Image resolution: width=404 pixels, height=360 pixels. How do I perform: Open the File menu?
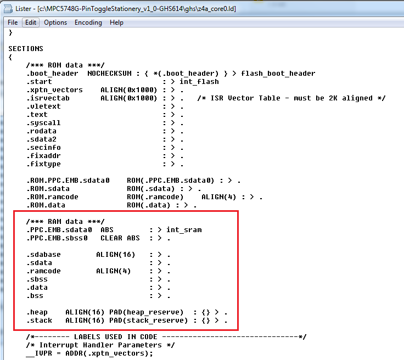click(13, 22)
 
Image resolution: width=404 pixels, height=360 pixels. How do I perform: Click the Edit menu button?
click(31, 22)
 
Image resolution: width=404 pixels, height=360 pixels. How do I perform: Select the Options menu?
click(55, 22)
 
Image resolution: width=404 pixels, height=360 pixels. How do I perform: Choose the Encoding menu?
click(88, 22)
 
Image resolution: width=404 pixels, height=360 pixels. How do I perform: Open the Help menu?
click(116, 22)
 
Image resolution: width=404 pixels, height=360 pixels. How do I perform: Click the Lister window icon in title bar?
click(8, 8)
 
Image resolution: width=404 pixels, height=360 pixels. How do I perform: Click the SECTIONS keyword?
click(26, 49)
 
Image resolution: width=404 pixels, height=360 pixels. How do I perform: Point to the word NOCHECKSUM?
click(109, 74)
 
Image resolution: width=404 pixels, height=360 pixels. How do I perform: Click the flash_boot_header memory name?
click(278, 74)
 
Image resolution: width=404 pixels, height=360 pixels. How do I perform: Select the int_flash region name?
click(199, 82)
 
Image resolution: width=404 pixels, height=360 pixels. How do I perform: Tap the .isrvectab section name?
click(48, 98)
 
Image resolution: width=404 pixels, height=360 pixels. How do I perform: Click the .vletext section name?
click(43, 106)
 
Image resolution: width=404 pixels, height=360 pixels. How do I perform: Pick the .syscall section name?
click(43, 123)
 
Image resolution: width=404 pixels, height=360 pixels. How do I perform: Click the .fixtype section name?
click(43, 164)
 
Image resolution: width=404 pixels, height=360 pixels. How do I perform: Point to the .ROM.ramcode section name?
click(52, 197)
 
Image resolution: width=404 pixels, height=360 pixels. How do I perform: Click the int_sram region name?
click(184, 230)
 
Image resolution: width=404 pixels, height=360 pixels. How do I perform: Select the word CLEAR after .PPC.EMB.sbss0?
click(111, 238)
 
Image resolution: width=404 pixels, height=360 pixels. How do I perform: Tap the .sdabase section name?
click(43, 255)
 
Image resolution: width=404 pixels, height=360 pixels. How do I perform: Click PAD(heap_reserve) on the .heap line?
click(147, 313)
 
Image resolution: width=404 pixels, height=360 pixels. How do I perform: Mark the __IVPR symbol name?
click(39, 353)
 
